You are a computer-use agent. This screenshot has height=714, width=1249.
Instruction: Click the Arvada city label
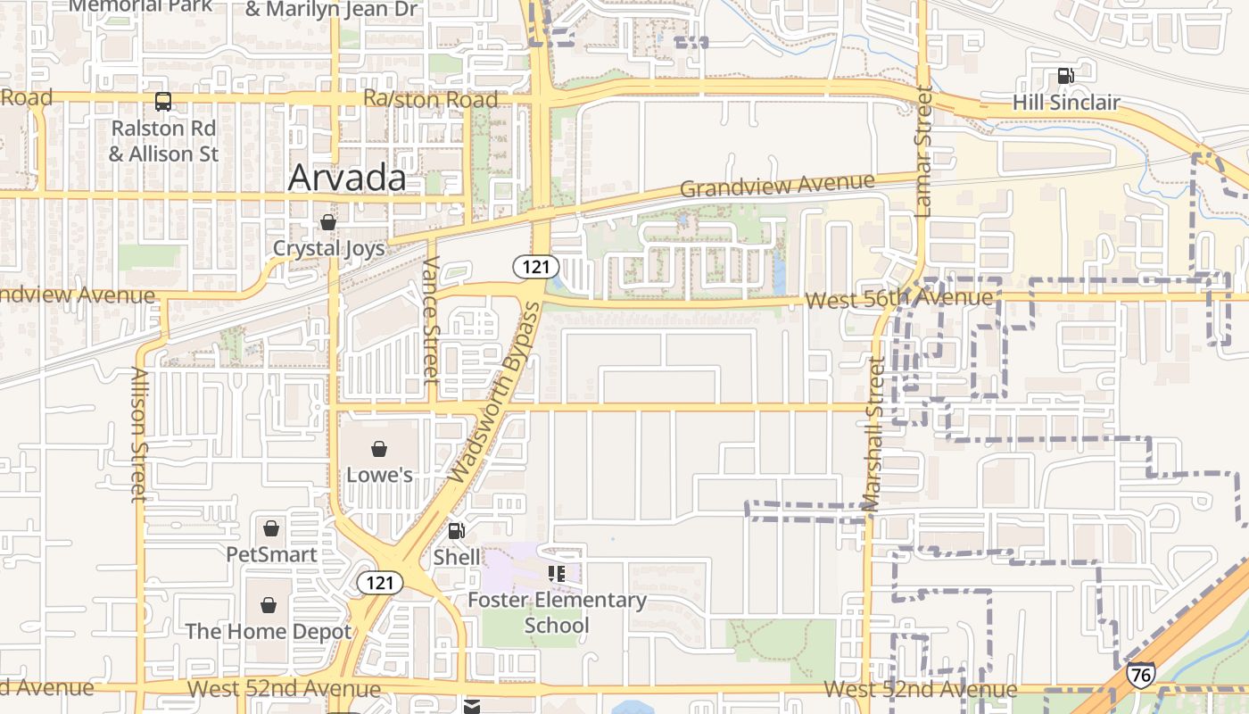pos(347,178)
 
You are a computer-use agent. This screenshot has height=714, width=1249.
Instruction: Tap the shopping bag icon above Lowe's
pos(379,448)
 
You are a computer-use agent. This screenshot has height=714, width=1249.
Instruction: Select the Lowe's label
pos(379,475)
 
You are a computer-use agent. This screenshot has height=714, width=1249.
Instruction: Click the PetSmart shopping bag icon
pos(271,528)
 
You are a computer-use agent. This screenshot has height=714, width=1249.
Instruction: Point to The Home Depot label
pos(268,632)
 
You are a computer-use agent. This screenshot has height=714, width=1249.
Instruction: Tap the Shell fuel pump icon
pos(456,531)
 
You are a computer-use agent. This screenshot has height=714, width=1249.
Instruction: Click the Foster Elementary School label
pos(558,612)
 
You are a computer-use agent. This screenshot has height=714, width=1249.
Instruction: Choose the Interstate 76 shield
pos(1140,674)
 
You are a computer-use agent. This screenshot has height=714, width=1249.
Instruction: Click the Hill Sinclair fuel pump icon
pos(1065,76)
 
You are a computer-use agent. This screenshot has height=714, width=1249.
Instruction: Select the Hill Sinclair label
pos(1065,103)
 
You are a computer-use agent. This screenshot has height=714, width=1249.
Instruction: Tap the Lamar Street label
pos(922,151)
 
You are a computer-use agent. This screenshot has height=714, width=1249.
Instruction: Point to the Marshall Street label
pos(873,435)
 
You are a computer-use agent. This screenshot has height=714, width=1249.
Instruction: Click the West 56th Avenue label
pos(898,299)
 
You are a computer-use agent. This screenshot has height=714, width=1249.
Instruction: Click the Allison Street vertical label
pos(138,435)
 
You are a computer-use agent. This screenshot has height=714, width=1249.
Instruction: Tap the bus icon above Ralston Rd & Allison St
pos(163,102)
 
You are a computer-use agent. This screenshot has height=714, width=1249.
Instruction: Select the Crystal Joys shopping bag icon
pos(328,222)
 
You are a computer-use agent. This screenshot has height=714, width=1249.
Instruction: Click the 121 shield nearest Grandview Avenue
pos(535,266)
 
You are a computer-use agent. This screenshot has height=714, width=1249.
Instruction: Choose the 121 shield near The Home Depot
pos(380,584)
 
